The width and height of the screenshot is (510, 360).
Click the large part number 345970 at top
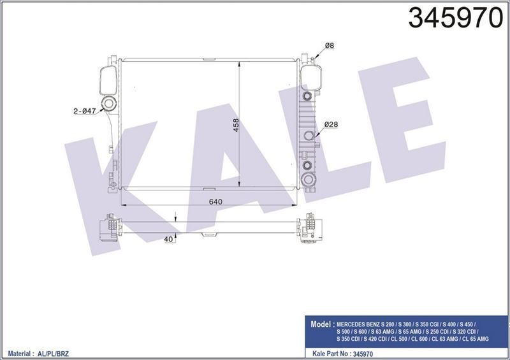coord(456,18)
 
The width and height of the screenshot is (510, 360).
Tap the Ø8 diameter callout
coord(330,45)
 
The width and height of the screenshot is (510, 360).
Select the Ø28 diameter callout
coord(331,124)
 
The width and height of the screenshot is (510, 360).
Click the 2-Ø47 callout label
coord(85,111)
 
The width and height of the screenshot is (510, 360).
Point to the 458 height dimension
coord(236,125)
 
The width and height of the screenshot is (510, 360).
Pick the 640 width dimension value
coord(215,201)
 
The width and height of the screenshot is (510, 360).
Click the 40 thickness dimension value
coord(168,240)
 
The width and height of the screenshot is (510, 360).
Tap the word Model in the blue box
coord(320,324)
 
